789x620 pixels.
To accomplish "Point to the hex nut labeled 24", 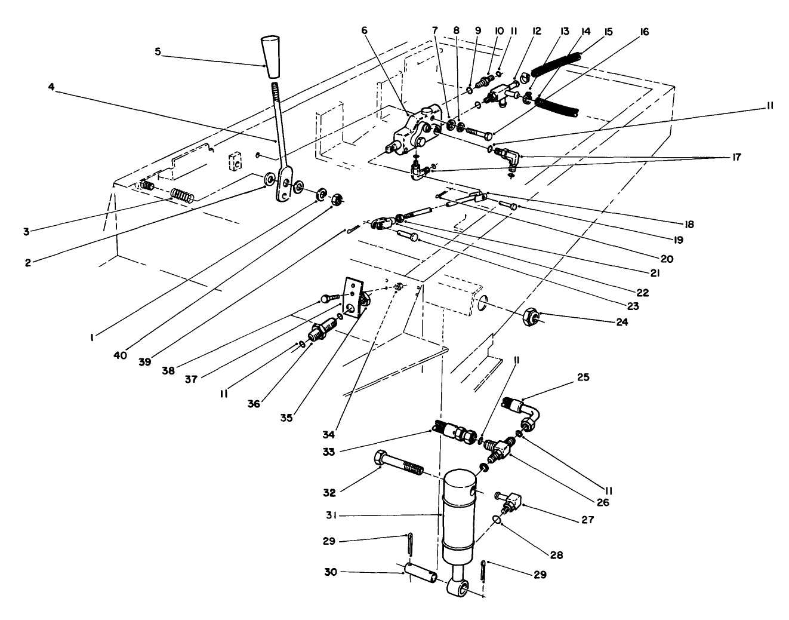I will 532,317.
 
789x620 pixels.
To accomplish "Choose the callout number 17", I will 735,157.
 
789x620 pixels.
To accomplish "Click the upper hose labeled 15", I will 555,63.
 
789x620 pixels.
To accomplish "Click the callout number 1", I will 91,337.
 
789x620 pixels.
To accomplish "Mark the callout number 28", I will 556,555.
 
